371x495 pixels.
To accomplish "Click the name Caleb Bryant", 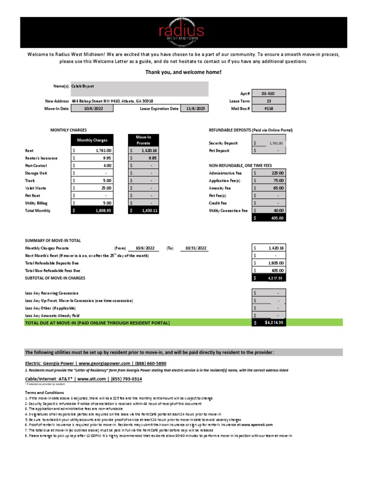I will [83, 86].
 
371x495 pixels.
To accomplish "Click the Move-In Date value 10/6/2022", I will [93, 109].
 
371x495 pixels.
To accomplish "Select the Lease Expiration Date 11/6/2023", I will [195, 109].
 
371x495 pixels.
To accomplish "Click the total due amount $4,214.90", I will [273, 322].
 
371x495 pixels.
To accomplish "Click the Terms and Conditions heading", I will [44, 393].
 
